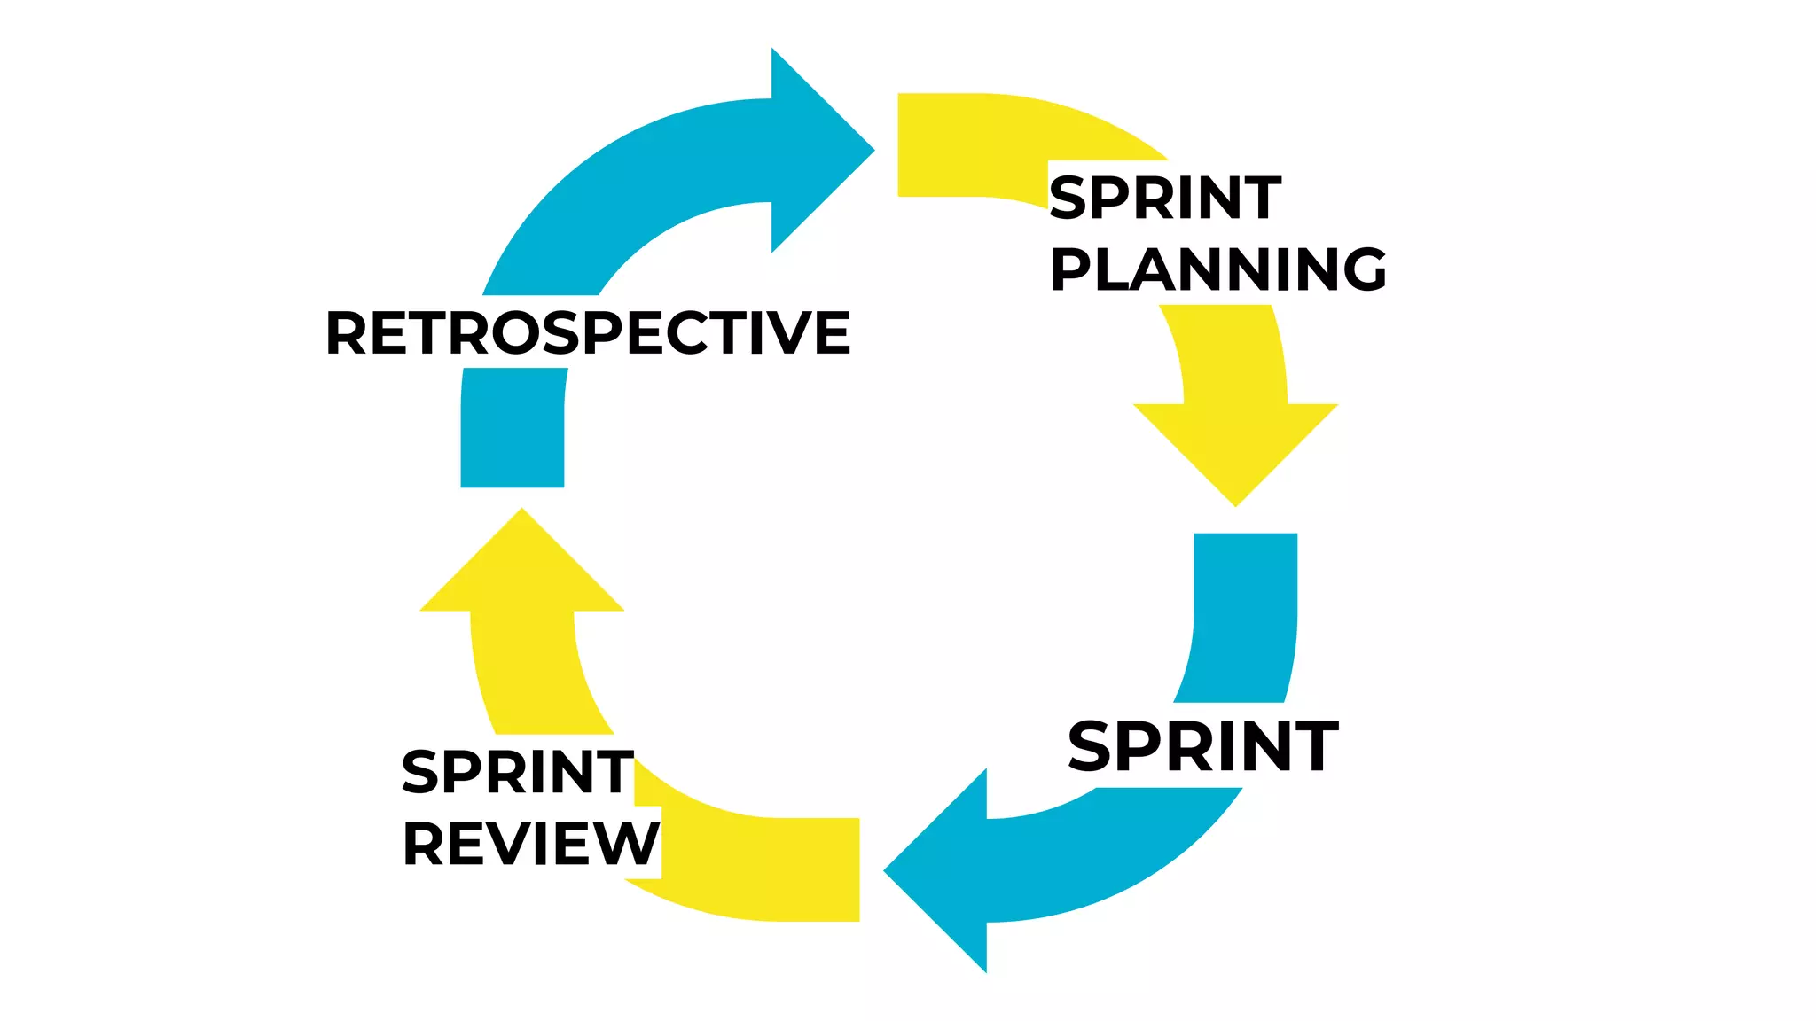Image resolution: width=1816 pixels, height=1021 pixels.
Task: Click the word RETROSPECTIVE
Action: point(588,333)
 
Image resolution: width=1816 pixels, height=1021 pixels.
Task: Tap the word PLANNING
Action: point(1218,269)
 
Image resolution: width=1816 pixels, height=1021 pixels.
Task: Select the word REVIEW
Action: point(531,844)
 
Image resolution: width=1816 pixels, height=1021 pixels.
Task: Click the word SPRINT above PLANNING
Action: point(1165,198)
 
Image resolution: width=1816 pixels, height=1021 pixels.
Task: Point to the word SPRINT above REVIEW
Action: point(518,772)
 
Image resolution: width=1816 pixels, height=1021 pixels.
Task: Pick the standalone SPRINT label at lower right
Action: point(1203,747)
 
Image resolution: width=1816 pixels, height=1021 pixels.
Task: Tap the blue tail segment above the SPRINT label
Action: point(1244,612)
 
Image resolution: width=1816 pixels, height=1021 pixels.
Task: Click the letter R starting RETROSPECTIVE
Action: point(346,333)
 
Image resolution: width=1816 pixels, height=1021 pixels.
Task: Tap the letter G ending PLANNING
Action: point(1363,269)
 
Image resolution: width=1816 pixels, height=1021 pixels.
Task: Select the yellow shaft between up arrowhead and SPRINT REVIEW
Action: point(532,674)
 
